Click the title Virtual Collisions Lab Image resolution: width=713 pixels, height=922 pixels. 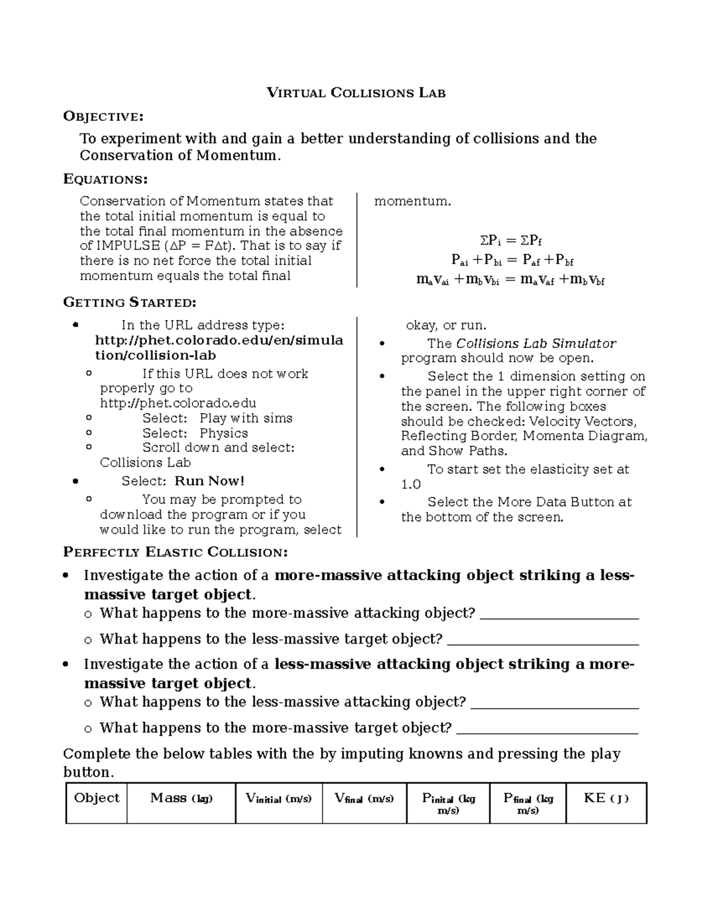[x=356, y=93]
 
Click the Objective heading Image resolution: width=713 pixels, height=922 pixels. [x=103, y=116]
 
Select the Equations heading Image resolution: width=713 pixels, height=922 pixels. [x=105, y=179]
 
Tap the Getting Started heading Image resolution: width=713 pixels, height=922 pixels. [x=130, y=303]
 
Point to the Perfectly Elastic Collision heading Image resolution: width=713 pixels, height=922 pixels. [x=175, y=553]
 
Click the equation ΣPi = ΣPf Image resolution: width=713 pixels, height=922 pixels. [x=511, y=240]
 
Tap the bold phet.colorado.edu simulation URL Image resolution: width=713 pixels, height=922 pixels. [x=219, y=348]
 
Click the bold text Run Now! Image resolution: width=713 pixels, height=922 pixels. [x=210, y=481]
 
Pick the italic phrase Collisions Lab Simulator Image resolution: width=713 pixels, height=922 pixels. [x=536, y=344]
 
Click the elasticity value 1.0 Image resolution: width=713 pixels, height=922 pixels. [x=411, y=484]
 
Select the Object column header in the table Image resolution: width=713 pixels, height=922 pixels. [x=96, y=798]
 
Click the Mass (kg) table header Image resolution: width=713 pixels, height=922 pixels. [x=181, y=798]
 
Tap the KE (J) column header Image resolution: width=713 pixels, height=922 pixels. [x=606, y=798]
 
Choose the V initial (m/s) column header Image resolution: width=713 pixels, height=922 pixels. [x=279, y=799]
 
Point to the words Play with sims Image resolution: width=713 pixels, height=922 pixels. [x=246, y=418]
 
